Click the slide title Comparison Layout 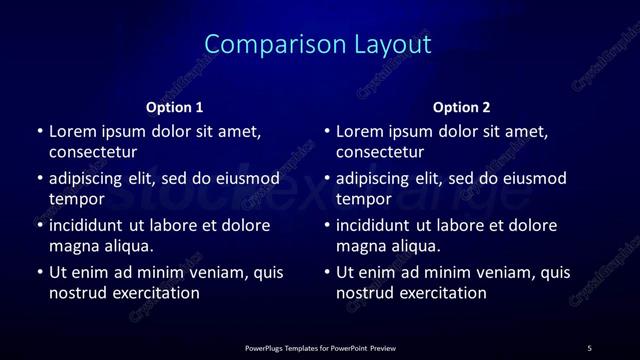point(318,44)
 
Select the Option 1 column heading point(174,107)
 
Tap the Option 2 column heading point(461,107)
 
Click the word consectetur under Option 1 point(92,152)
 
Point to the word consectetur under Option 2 point(379,152)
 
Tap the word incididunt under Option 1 point(90,225)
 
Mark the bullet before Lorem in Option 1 point(40,131)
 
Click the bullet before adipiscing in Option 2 point(327,179)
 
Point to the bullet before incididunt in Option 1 point(40,225)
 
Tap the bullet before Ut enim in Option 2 point(327,272)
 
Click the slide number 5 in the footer point(589,347)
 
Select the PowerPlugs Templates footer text point(320,347)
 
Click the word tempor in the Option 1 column point(77,199)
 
